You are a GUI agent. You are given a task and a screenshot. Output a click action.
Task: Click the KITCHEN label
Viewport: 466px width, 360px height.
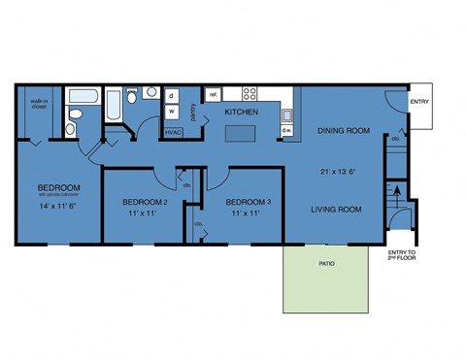click(x=240, y=113)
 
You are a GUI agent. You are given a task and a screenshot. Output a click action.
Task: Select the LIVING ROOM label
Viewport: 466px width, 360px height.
click(x=336, y=209)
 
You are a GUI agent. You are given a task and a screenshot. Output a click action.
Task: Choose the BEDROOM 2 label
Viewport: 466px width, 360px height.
click(x=146, y=202)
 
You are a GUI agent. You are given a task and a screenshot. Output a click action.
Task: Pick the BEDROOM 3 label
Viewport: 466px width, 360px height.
click(x=248, y=202)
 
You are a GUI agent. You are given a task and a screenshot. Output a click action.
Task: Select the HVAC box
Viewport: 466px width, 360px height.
click(x=173, y=131)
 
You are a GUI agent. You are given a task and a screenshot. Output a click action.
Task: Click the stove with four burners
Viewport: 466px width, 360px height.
click(x=250, y=94)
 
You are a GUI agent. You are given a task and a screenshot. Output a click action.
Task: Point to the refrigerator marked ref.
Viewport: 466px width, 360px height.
click(x=214, y=94)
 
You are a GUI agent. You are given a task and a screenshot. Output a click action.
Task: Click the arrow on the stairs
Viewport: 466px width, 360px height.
click(x=393, y=191)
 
